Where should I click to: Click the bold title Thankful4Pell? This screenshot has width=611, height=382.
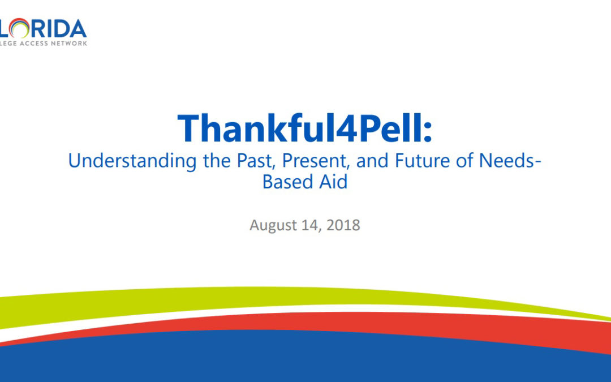click(305, 128)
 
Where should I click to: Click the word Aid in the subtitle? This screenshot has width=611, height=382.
click(333, 183)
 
